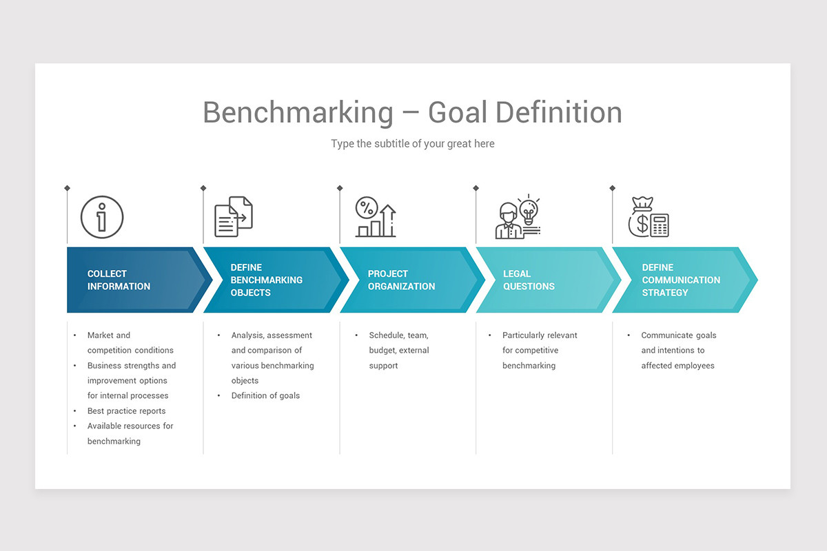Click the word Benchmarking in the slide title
[x=298, y=112]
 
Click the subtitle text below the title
[x=412, y=144]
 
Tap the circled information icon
[x=102, y=218]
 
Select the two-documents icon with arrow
[x=233, y=217]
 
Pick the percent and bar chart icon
[x=376, y=217]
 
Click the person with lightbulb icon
[x=518, y=217]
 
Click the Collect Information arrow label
[x=119, y=280]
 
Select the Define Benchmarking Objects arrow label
[x=266, y=280]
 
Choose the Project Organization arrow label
[x=401, y=280]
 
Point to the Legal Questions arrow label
[x=529, y=280]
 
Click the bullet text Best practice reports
[x=126, y=411]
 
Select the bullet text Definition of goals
[x=265, y=396]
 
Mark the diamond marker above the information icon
[x=67, y=188]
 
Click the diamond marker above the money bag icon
[x=612, y=188]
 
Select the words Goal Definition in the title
[x=524, y=112]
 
